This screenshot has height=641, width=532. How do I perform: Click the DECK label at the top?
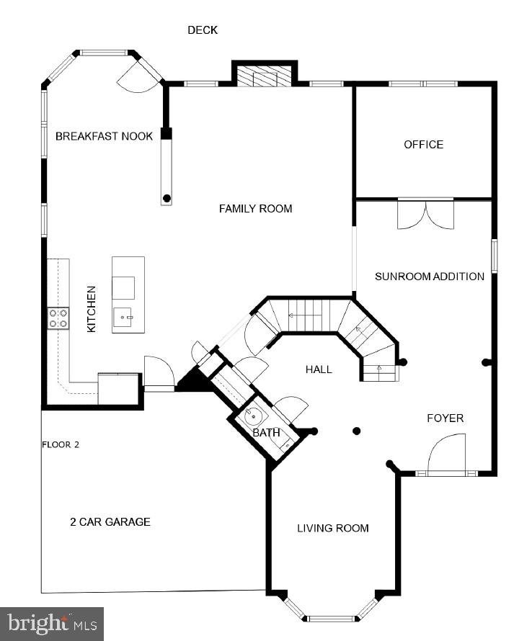203,30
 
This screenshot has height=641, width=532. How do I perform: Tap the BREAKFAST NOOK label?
104,136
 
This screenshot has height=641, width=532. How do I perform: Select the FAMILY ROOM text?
255,209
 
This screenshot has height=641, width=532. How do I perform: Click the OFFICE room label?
423,145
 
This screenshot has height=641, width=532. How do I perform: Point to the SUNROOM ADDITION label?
429,277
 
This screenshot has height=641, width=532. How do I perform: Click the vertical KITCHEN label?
92,309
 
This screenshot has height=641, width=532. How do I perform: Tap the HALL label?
319,369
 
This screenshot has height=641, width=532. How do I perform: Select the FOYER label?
445,418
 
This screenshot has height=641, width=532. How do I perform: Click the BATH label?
266,433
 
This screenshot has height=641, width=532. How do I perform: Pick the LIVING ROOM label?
333,529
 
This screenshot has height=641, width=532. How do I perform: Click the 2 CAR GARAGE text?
110,522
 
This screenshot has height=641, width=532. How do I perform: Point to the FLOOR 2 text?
60,445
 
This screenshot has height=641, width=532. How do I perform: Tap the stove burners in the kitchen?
58,318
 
